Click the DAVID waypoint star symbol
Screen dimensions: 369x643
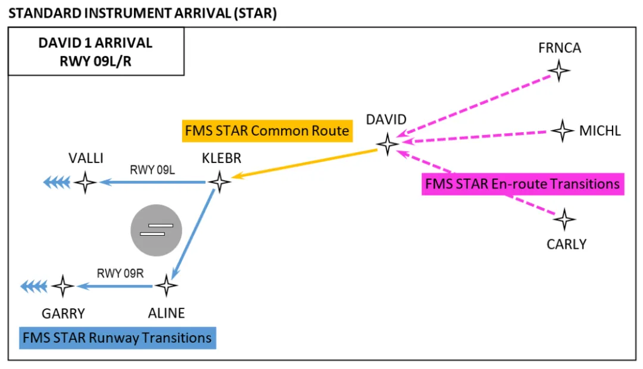pos(388,143)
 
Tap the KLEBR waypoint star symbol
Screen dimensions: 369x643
pos(220,182)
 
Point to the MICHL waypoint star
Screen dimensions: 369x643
pos(562,130)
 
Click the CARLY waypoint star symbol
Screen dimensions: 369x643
pos(564,220)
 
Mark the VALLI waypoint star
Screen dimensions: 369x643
pos(85,182)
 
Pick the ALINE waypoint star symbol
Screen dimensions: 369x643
pos(166,286)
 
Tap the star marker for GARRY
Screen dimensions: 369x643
pos(63,286)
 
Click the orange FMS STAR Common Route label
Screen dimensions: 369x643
pos(267,131)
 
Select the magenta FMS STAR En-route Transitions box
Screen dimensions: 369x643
pos(522,184)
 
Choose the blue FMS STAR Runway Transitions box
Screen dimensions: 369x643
pos(117,338)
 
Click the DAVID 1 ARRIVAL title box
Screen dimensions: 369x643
pos(95,52)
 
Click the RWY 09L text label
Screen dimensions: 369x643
pos(152,170)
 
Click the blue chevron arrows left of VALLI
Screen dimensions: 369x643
pos(57,182)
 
